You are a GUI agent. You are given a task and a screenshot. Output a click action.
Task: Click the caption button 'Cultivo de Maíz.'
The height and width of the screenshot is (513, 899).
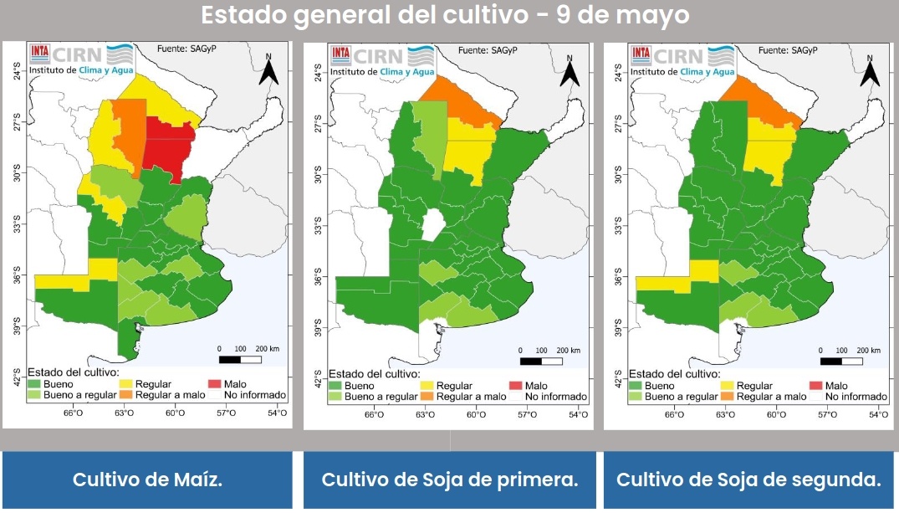click(147, 480)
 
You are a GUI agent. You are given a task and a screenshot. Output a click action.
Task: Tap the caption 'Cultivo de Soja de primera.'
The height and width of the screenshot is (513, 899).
click(450, 480)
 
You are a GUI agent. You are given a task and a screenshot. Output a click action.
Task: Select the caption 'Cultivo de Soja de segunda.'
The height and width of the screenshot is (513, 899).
click(748, 480)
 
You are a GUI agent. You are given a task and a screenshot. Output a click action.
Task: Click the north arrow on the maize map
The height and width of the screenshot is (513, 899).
click(268, 70)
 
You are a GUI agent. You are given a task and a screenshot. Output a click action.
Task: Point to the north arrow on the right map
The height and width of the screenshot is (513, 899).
click(870, 70)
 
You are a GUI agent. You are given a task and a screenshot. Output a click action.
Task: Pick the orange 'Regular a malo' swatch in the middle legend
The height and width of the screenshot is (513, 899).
click(428, 397)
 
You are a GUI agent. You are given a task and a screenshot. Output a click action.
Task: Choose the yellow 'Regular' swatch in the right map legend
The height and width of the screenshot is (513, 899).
click(728, 386)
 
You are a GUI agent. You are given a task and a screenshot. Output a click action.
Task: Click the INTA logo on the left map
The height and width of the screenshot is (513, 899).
click(39, 54)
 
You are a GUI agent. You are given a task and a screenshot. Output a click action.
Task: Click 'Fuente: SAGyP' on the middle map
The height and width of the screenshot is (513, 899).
click(488, 51)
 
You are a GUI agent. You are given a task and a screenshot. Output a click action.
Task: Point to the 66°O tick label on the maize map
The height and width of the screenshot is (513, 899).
click(74, 413)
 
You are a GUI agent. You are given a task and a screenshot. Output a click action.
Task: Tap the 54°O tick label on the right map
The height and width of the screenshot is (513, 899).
click(878, 414)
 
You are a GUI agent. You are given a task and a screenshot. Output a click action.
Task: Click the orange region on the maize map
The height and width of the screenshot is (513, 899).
click(128, 130)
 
